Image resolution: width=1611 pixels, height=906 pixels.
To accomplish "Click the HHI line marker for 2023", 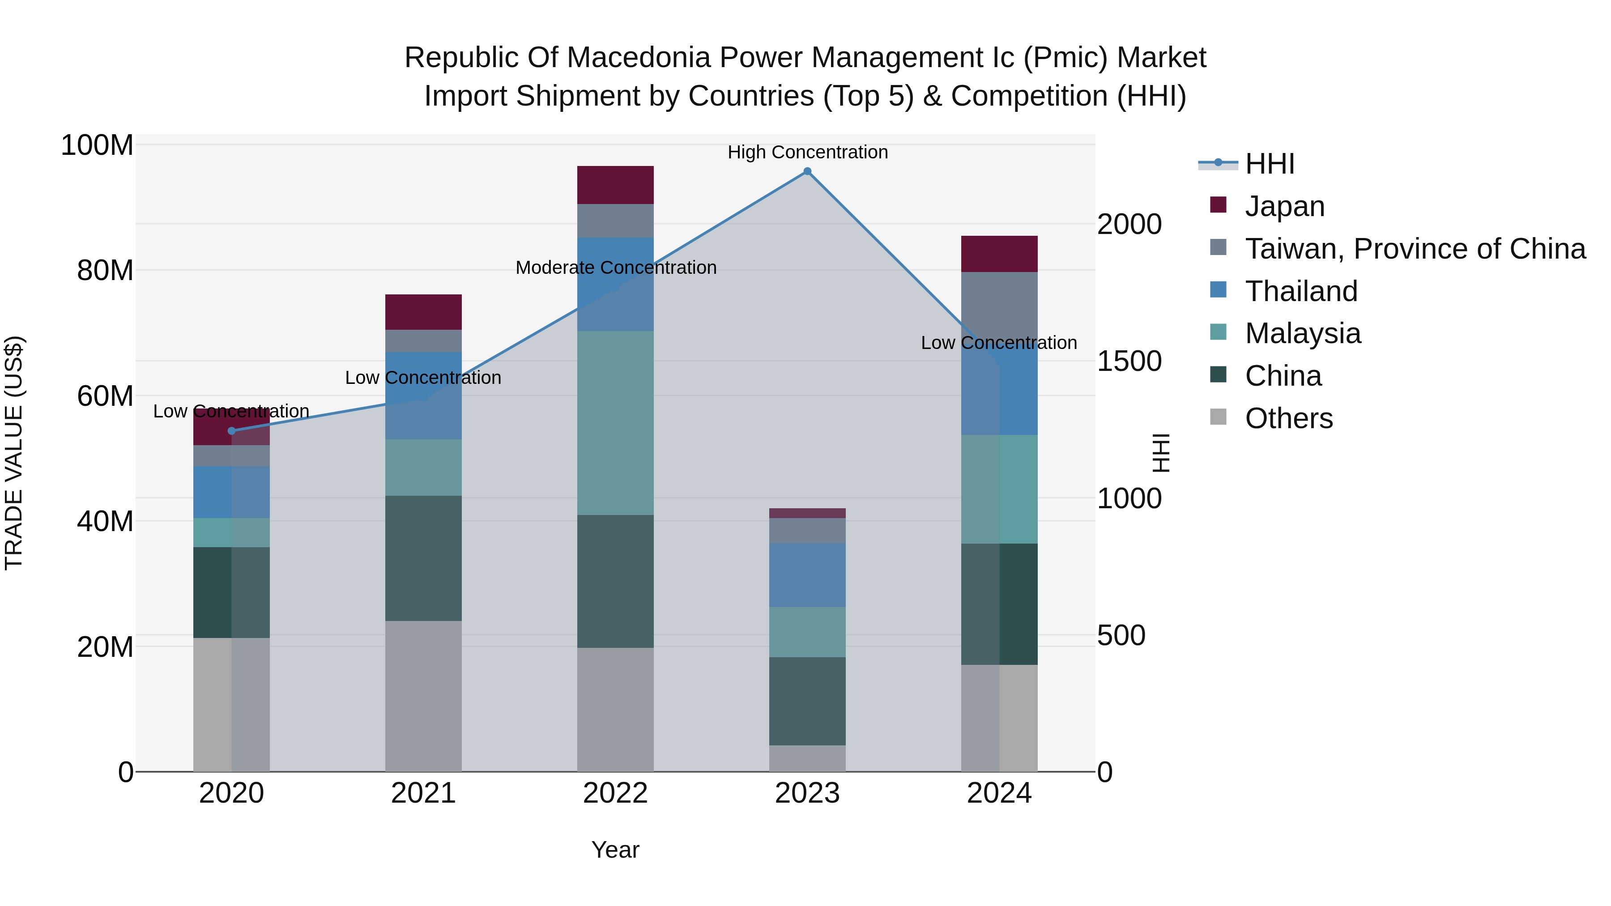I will [807, 171].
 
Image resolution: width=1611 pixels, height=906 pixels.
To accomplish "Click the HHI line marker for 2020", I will [231, 431].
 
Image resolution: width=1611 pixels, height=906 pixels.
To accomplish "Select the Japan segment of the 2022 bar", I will [615, 185].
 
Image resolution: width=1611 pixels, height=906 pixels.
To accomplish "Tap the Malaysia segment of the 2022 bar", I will [615, 423].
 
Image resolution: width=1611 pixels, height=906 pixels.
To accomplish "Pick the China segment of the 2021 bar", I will [423, 558].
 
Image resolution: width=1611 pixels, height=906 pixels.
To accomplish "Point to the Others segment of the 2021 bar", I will [423, 695].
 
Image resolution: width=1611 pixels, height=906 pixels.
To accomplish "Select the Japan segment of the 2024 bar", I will [999, 254].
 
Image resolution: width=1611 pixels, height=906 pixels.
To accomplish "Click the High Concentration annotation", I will [807, 152].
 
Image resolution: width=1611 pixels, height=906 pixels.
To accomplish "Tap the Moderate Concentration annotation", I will [615, 268].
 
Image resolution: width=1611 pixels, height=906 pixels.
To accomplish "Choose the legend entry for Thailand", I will [1301, 291].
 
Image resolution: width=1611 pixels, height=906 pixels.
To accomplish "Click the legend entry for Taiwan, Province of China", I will [1415, 249].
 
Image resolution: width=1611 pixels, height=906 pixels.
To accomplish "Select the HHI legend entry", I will [1269, 164].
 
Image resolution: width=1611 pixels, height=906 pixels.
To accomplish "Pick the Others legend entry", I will [1288, 418].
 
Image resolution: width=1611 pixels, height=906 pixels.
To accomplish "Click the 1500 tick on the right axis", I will [1129, 362].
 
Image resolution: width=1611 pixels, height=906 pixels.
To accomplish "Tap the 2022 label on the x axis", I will [615, 793].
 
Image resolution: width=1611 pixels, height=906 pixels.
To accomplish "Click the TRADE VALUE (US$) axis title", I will [14, 453].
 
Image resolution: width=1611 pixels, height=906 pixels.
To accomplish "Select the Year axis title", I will [615, 850].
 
